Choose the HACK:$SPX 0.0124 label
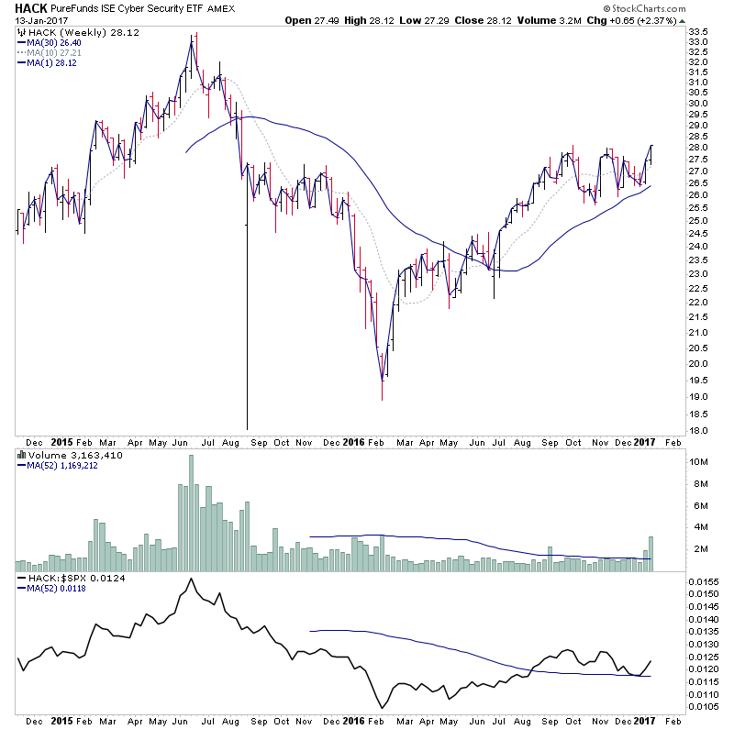click(x=78, y=580)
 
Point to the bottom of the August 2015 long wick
click(x=247, y=428)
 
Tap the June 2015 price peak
click(x=192, y=35)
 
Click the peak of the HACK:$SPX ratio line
click(x=191, y=579)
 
